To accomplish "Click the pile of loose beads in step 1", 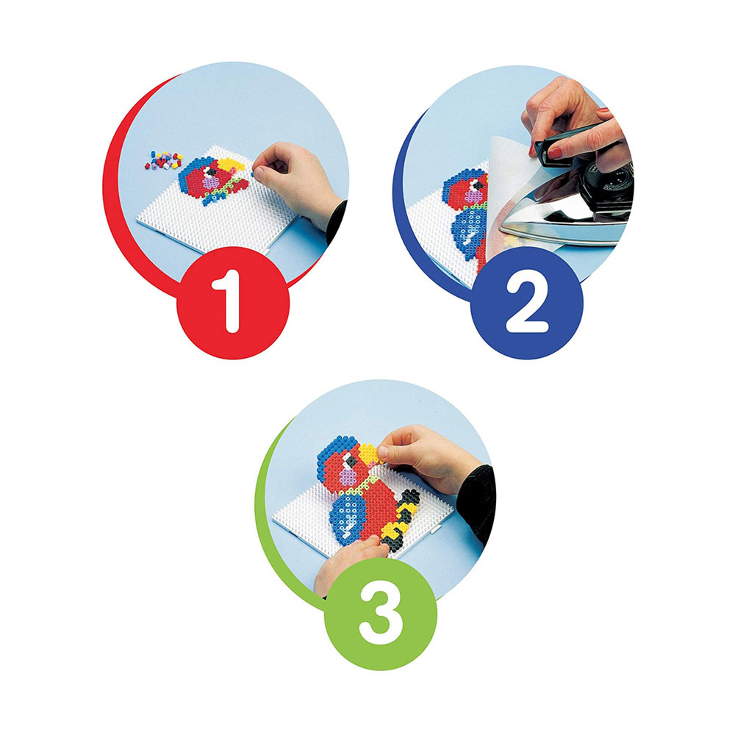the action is click(x=164, y=159).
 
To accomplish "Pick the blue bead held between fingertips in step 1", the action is click(x=253, y=174).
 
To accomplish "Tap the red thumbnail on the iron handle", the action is click(x=555, y=153).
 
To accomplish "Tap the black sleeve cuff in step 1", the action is click(x=337, y=221).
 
